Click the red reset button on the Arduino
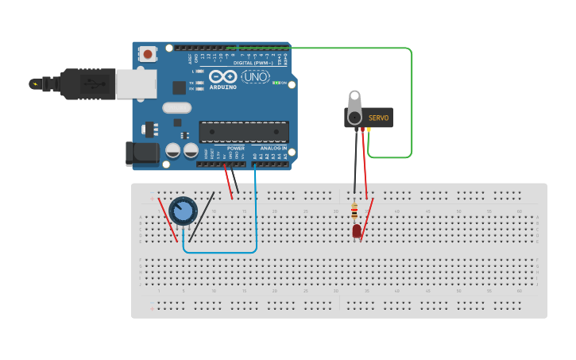[148, 54]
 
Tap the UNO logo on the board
[255, 77]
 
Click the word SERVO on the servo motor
[379, 118]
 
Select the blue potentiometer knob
[183, 211]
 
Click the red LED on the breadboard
[357, 230]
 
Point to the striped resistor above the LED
[354, 211]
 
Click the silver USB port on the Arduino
[136, 83]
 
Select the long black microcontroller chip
[243, 132]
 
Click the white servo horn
[354, 103]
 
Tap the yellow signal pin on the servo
[369, 129]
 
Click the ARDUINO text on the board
[223, 87]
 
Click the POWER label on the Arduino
[236, 149]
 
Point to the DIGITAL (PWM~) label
[253, 63]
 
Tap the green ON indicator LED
[276, 83]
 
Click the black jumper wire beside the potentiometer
[201, 217]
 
